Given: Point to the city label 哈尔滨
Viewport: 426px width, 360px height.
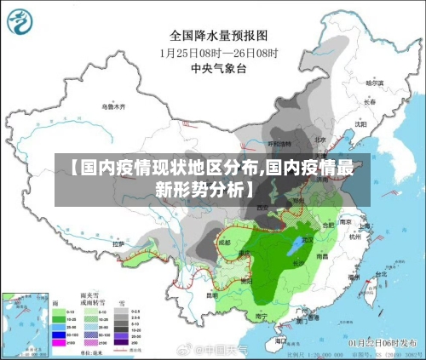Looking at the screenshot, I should pyautogui.click(x=375, y=83).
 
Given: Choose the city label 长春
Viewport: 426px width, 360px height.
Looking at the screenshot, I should pyautogui.click(x=368, y=102).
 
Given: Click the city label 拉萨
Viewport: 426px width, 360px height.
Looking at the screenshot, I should pyautogui.click(x=120, y=244).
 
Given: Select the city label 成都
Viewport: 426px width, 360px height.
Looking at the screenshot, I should pyautogui.click(x=224, y=242).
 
